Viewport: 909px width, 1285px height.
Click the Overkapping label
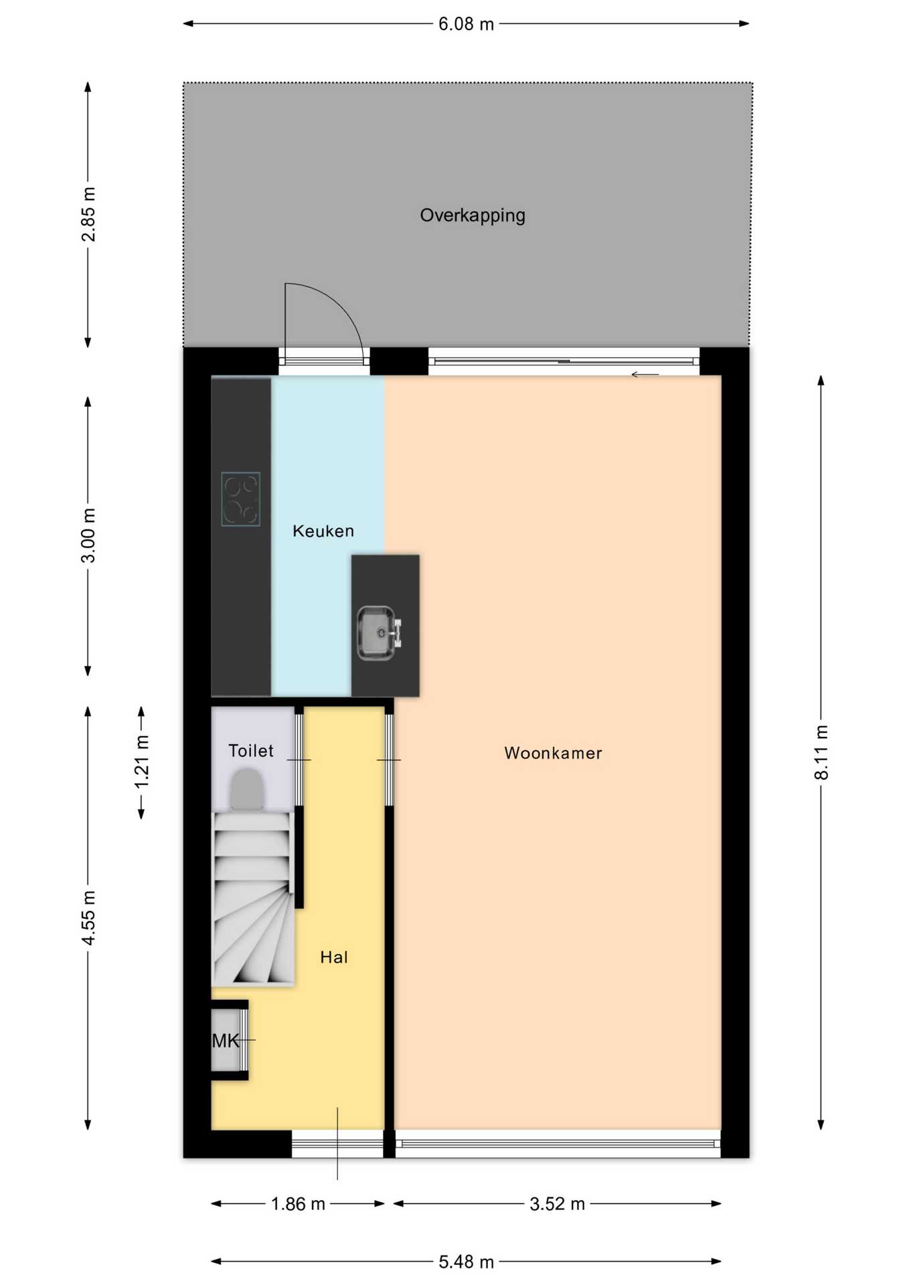coord(472,216)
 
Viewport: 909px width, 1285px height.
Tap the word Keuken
coord(323,531)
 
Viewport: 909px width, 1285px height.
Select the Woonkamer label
coord(553,753)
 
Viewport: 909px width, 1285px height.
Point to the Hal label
coord(333,957)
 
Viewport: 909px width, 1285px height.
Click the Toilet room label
coord(251,750)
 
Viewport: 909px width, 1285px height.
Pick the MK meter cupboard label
coord(226,1040)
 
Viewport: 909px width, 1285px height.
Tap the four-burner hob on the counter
coord(240,499)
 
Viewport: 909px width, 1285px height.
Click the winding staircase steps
coord(253,899)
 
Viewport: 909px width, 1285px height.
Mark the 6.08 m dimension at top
coord(466,24)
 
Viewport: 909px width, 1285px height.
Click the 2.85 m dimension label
coord(88,214)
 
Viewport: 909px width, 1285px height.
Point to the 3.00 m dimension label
coord(88,535)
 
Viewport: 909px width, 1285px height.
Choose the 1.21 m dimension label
coord(142,762)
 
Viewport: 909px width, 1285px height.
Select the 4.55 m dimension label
coord(88,918)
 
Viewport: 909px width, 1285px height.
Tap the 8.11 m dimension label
coord(821,752)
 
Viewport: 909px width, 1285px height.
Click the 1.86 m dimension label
coord(298,1204)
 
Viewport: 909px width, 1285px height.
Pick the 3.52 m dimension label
coord(558,1204)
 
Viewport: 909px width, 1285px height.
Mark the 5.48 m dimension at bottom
coord(466,1262)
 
